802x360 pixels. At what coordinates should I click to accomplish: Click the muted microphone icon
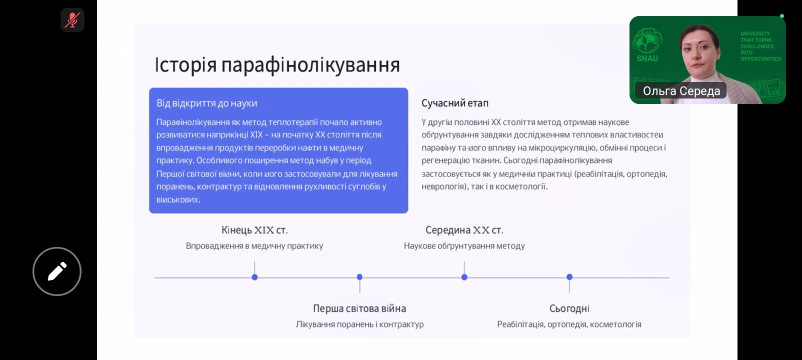coord(72,20)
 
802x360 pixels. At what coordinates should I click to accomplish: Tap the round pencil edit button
coord(57,271)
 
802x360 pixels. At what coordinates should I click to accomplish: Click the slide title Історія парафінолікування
coord(277,65)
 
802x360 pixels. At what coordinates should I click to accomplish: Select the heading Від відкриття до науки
coord(207,103)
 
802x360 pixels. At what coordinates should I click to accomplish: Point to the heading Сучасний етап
coord(454,103)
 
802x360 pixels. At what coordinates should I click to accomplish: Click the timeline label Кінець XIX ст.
coord(254,230)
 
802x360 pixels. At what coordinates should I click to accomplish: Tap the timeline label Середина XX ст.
coord(464,230)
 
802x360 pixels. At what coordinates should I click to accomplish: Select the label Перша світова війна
coord(359,308)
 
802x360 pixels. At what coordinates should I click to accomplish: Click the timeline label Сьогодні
coord(569,308)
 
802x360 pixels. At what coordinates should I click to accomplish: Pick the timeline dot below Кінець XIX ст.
coord(254,277)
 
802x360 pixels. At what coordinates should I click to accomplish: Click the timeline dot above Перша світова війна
coord(359,277)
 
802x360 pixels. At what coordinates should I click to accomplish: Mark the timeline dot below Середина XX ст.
coord(464,277)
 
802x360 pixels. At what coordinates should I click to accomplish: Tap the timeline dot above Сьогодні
coord(569,277)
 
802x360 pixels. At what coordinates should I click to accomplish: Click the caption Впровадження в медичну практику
coord(254,246)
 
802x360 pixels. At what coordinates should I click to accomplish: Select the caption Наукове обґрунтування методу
coord(464,246)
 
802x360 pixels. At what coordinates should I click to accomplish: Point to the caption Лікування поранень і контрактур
coord(359,324)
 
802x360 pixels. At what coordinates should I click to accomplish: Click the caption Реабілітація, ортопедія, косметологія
coord(569,324)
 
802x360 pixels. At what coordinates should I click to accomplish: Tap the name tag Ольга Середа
coord(681,91)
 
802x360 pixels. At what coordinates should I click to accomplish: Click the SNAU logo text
coord(647,58)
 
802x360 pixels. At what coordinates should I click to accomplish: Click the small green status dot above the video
coord(782,16)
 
